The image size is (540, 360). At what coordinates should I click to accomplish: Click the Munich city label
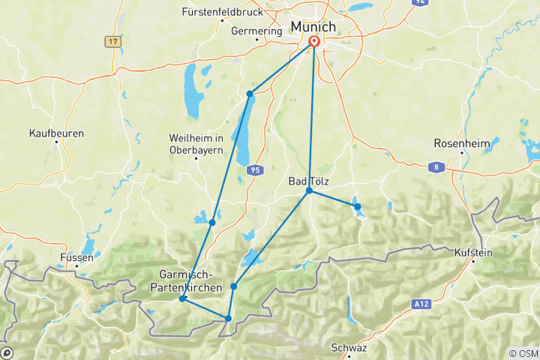pos(313,26)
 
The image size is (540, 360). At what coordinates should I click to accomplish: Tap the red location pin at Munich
pos(313,43)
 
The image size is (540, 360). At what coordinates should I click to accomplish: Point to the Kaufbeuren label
pos(56,133)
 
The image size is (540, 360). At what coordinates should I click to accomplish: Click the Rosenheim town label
pos(460,143)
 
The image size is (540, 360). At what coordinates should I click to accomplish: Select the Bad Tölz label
pos(309,181)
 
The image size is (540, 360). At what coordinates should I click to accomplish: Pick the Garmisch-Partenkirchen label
pos(190,280)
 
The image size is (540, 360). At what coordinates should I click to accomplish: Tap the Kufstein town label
pos(473,253)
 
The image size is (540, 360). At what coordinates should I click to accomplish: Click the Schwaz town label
pos(349,348)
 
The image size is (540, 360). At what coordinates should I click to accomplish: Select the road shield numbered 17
pos(113,42)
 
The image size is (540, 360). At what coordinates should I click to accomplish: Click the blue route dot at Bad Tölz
pos(309,192)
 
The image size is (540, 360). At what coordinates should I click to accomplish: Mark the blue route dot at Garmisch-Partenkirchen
pos(183,299)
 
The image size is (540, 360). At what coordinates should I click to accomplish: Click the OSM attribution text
pos(523,353)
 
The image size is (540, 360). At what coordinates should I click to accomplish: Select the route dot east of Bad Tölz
pos(358,206)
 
